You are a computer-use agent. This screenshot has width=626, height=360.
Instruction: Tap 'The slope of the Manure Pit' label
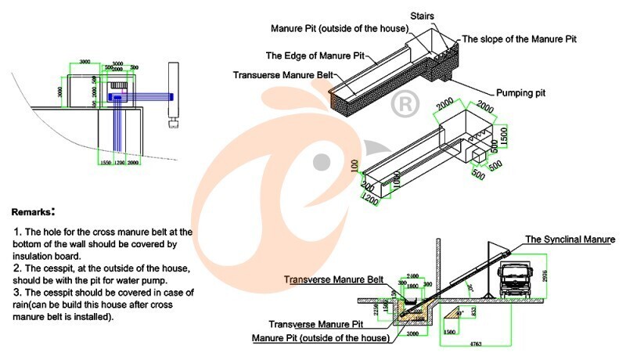[x=520, y=38]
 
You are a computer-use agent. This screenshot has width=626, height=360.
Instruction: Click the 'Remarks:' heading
[x=34, y=212]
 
